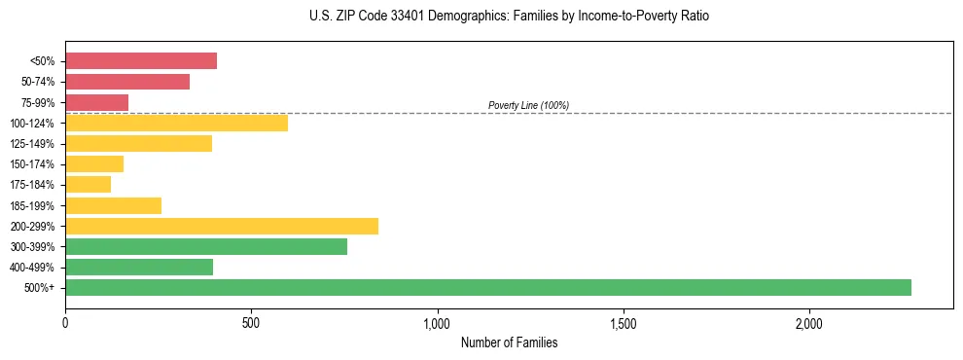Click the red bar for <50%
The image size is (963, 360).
click(141, 61)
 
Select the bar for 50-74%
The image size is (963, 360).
click(127, 82)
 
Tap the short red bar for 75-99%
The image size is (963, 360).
click(97, 102)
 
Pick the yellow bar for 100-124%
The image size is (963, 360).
click(176, 123)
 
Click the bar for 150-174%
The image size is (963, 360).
click(94, 163)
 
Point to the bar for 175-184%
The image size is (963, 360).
click(89, 184)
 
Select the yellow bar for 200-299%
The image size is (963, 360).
click(222, 226)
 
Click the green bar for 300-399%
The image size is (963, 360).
click(206, 246)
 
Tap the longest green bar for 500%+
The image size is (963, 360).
click(488, 287)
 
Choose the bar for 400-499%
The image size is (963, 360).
click(139, 267)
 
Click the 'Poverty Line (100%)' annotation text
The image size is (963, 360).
click(528, 105)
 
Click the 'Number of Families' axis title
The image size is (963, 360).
click(509, 342)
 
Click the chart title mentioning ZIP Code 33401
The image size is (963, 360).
click(509, 17)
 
